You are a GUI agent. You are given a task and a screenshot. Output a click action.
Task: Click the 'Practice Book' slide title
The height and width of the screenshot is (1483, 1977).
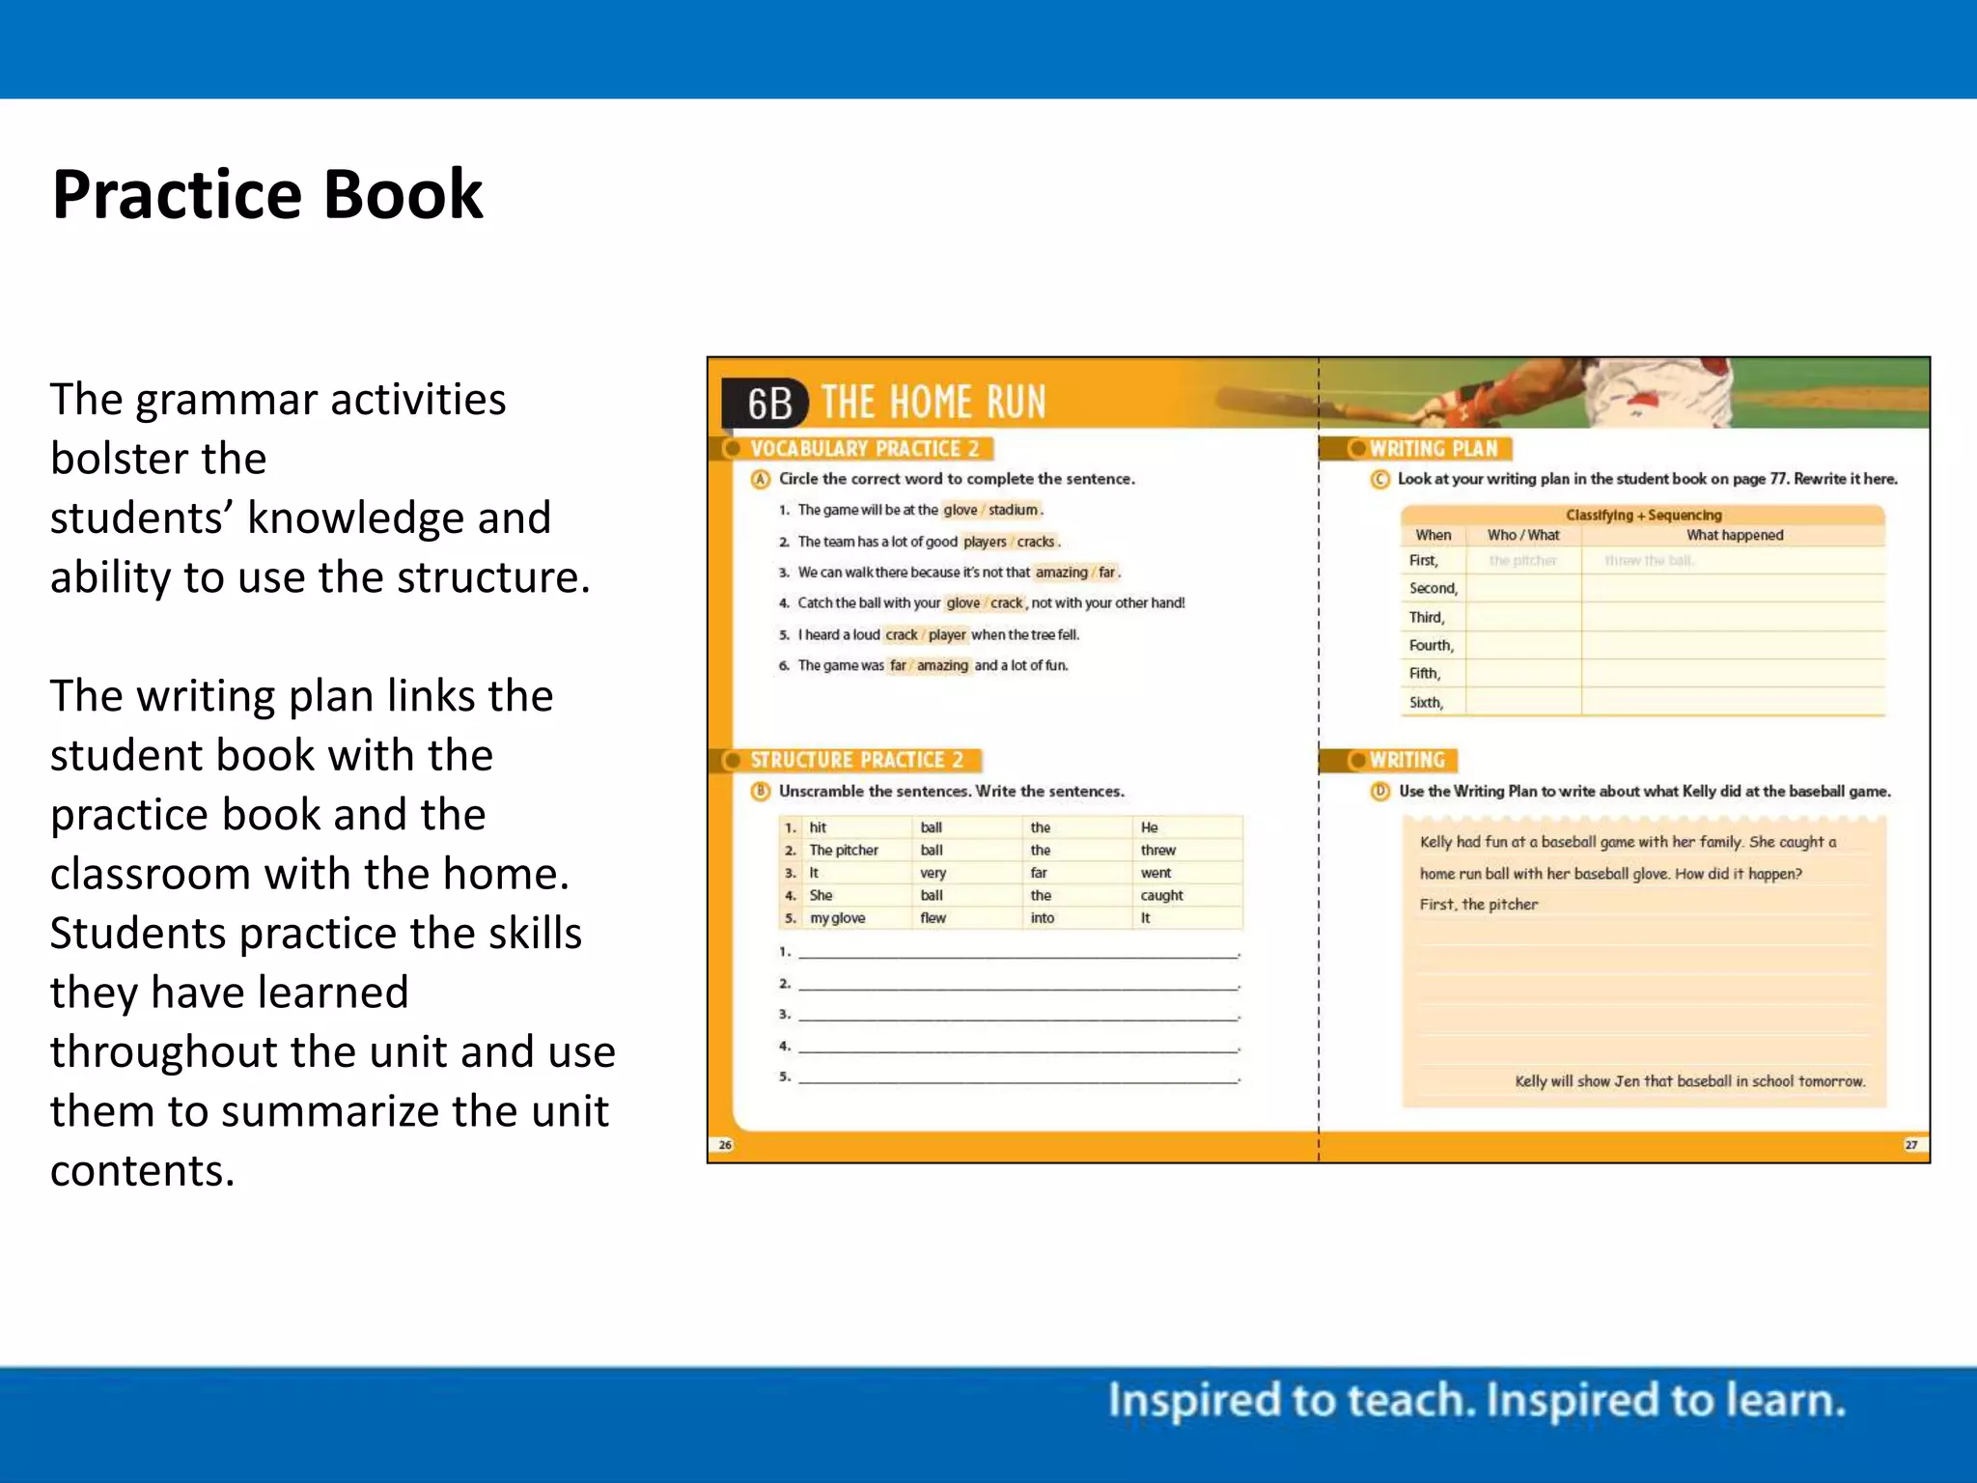click(x=267, y=195)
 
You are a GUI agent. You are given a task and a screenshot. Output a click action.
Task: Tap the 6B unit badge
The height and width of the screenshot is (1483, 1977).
click(x=768, y=404)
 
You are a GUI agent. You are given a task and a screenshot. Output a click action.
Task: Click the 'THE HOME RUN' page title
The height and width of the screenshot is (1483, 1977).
click(x=933, y=402)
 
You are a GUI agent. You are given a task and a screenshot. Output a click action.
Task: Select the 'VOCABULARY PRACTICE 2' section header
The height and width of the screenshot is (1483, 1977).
click(x=864, y=449)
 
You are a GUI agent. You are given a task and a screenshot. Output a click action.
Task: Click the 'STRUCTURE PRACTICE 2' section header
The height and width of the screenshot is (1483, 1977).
click(x=856, y=761)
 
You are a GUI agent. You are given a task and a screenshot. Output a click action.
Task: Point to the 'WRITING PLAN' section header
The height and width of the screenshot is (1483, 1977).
click(x=1433, y=449)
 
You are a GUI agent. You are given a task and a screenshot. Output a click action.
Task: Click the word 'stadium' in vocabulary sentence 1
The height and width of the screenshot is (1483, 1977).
click(x=1013, y=510)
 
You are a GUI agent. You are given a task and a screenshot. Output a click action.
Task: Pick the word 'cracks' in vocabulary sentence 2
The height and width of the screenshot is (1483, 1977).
click(x=1036, y=542)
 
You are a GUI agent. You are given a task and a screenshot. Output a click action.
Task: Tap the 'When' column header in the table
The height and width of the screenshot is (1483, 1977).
click(x=1433, y=535)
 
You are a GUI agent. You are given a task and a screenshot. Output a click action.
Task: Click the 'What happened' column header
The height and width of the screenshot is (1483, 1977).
click(x=1734, y=535)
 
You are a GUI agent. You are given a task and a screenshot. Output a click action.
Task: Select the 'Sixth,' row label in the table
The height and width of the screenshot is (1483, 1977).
click(x=1426, y=703)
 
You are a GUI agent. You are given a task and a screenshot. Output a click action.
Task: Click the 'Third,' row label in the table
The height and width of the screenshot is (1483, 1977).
click(x=1426, y=618)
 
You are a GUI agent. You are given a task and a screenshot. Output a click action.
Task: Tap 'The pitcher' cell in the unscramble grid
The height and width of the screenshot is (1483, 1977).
click(x=844, y=851)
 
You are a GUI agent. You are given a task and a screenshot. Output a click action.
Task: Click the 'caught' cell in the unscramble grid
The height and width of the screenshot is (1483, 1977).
click(x=1161, y=896)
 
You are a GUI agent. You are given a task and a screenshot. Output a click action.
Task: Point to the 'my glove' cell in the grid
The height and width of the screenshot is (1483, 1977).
click(x=837, y=918)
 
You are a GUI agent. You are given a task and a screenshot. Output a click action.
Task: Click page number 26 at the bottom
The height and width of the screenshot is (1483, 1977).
click(x=725, y=1145)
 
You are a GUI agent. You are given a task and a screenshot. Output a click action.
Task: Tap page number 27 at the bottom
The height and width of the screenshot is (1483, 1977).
click(x=1910, y=1145)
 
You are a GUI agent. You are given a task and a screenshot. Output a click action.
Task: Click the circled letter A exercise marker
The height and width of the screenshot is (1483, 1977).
click(x=761, y=480)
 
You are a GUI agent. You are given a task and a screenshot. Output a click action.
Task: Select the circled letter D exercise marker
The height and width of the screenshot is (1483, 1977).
click(x=1380, y=792)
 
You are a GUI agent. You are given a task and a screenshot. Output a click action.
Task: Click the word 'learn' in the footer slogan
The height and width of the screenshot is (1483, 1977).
click(x=1790, y=1401)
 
